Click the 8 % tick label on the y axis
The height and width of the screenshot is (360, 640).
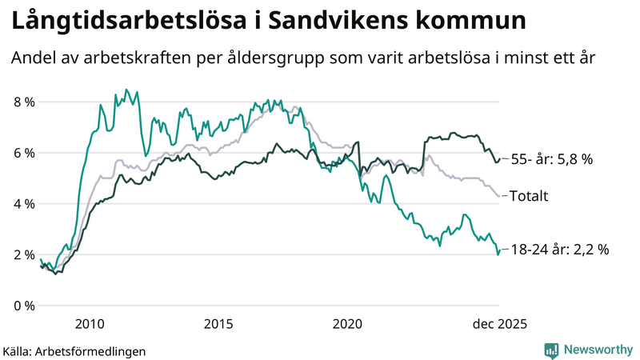point(23,102)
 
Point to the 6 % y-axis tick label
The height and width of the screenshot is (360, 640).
point(23,153)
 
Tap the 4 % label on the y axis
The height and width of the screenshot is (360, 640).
point(23,204)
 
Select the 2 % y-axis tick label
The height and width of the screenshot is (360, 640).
point(23,254)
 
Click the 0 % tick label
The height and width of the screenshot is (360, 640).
point(23,306)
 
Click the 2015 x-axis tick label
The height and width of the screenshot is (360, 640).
point(218,324)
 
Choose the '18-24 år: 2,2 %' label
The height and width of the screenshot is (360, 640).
point(559,249)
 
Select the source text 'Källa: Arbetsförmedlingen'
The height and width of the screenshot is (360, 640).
point(74,350)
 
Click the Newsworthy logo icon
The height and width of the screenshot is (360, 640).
point(551,350)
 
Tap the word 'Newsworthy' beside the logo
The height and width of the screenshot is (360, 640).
point(597,350)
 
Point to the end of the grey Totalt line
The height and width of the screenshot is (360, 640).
point(500,195)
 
